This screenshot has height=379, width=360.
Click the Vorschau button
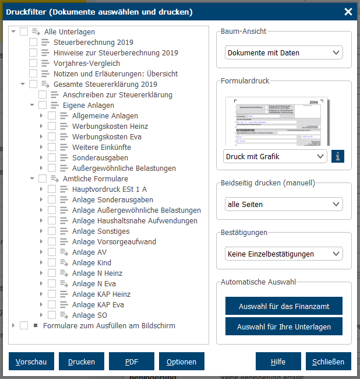32,362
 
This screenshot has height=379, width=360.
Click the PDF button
132,362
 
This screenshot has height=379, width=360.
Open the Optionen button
181,362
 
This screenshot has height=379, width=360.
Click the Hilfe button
278,362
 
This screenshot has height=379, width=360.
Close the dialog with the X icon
348,12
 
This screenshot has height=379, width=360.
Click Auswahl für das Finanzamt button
284,306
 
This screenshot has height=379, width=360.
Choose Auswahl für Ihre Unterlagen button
284,327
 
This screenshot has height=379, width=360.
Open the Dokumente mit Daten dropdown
284,52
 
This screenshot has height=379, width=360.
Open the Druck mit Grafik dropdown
275,156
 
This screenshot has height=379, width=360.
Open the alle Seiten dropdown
284,204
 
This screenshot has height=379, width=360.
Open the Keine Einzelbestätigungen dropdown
284,254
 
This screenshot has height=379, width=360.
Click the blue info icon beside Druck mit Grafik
338,156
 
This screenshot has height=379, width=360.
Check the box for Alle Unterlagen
24,32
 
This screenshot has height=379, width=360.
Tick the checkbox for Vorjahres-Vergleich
33,64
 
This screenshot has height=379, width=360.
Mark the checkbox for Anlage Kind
52,263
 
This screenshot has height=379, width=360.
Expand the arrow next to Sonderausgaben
41,158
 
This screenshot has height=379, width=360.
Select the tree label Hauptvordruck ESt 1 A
109,189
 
